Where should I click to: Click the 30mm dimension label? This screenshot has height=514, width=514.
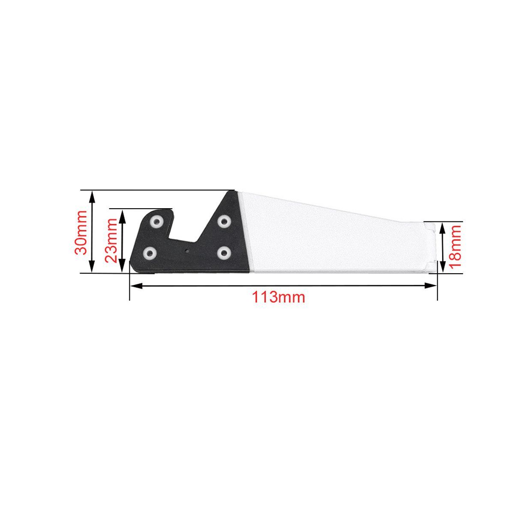click(81, 232)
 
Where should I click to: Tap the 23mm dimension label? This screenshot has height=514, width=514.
click(111, 240)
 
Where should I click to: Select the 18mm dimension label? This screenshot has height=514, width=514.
click(455, 246)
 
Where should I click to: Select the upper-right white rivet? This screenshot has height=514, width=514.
click(224, 221)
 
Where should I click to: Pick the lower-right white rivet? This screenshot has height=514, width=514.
click(224, 252)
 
